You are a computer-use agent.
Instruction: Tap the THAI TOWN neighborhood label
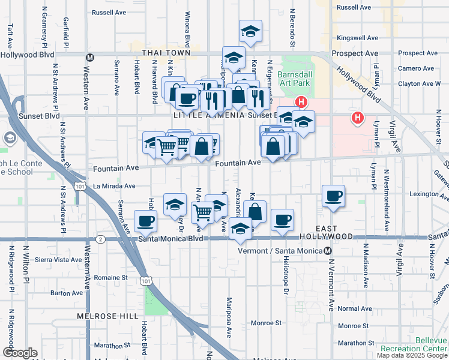pos(166,53)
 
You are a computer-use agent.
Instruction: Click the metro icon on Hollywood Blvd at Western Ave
pos(90,58)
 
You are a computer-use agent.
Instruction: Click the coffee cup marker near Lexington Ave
pos(333,196)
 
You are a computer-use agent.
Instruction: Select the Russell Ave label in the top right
pos(354,7)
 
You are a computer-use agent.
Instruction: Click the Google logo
pos(19,353)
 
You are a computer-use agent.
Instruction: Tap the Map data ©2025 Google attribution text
pos(412,355)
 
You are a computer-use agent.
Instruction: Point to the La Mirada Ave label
pos(113,187)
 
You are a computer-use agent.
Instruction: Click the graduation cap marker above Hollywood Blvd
pos(250,31)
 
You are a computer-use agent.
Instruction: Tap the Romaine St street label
pos(112,278)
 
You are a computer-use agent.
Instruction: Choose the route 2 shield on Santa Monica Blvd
pos(100,239)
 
